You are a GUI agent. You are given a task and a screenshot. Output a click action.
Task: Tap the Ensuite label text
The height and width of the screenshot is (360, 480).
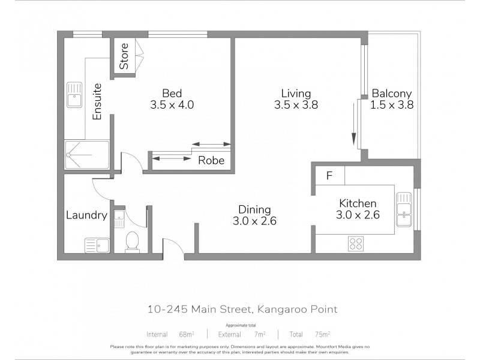(x=97, y=101)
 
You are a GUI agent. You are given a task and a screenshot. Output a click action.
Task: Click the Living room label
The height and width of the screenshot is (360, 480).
(x=296, y=93)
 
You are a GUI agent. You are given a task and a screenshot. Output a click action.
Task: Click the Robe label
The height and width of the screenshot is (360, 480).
(x=211, y=160)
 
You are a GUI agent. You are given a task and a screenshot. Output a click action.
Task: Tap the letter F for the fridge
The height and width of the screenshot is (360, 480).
(x=329, y=176)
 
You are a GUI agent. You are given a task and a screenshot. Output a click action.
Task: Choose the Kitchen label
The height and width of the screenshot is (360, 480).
(x=358, y=203)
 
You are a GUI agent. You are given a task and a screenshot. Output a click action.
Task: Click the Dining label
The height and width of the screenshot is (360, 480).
(x=255, y=209)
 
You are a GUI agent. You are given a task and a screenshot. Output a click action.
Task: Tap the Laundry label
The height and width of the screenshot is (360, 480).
(x=86, y=215)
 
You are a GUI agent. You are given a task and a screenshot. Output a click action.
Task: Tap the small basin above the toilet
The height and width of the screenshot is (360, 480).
(x=118, y=217)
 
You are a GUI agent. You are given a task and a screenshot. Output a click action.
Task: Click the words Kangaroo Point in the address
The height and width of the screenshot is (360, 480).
(x=297, y=310)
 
